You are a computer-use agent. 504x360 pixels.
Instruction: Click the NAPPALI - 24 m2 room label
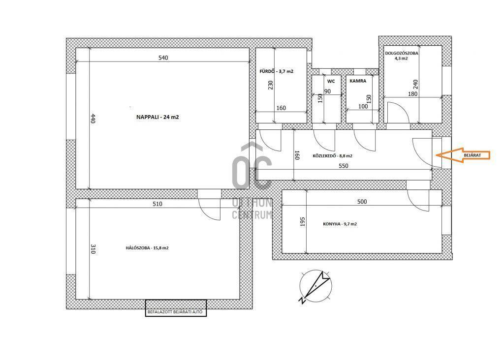[x=157, y=117]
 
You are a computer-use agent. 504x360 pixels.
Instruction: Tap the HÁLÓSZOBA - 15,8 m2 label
[x=147, y=248]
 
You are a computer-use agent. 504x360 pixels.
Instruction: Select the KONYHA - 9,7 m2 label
[x=340, y=224]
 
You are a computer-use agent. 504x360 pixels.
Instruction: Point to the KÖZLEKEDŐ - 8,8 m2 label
[x=332, y=156]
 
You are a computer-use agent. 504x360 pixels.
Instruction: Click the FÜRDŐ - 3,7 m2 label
[x=277, y=71]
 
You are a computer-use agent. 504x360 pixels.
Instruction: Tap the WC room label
[x=331, y=81]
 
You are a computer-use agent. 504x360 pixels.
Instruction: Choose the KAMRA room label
[x=358, y=81]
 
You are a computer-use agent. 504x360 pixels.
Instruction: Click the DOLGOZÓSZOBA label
[x=402, y=53]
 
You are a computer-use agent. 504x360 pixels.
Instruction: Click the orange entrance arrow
[x=463, y=155]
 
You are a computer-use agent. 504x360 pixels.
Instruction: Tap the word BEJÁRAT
[x=472, y=155]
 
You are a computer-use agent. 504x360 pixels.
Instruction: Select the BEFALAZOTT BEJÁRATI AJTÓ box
[x=176, y=308]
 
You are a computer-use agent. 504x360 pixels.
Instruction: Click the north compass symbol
[x=315, y=286]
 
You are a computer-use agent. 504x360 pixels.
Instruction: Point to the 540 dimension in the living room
[x=163, y=58]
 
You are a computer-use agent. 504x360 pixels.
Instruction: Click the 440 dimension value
[x=93, y=119]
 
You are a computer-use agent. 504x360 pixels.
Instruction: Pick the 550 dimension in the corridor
[x=343, y=166]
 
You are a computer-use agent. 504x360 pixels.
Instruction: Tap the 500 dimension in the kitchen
[x=362, y=202]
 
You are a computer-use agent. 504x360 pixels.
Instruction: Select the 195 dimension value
[x=302, y=222]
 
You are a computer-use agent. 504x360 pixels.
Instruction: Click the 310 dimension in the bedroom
[x=93, y=249]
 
